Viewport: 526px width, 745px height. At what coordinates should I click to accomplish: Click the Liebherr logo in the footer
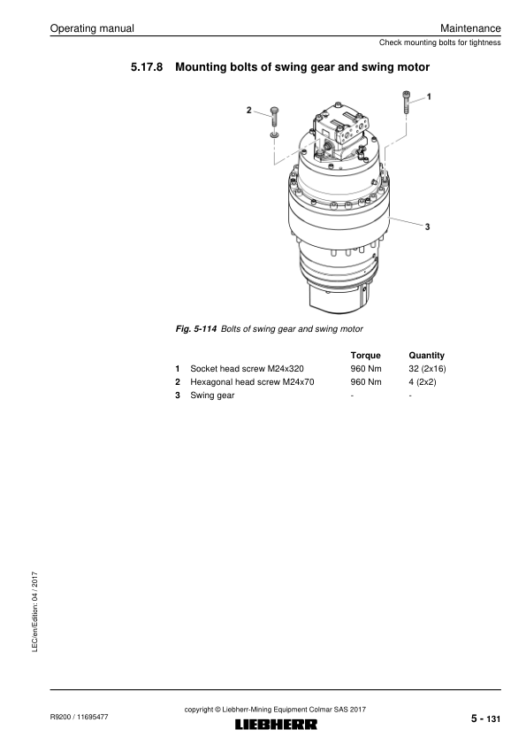pos(276,724)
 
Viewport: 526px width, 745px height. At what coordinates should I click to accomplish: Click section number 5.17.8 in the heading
pos(147,67)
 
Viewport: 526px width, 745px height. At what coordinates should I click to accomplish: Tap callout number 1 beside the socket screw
pos(429,97)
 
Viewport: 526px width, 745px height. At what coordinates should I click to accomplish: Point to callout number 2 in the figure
pos(248,111)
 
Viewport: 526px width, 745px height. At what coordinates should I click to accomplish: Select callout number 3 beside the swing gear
pos(427,227)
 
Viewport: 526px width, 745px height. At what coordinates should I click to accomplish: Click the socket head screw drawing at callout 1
pos(407,102)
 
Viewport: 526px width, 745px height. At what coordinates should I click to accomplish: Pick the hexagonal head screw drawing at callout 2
pos(274,117)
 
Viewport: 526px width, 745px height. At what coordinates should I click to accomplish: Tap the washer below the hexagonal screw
pos(274,135)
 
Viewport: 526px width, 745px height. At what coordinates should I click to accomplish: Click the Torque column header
pos(365,356)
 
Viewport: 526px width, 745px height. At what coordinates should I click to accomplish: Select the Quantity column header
pos(426,356)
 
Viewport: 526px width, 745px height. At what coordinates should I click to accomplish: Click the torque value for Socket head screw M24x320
pos(365,369)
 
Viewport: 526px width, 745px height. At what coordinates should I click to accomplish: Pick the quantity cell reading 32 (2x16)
pos(427,369)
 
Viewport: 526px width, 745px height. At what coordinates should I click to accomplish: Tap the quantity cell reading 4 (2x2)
pos(422,382)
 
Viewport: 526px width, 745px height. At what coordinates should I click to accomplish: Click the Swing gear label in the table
pos(212,396)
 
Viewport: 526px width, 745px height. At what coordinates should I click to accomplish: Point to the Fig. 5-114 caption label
pos(196,329)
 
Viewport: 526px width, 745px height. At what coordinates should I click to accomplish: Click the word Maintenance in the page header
pos(470,28)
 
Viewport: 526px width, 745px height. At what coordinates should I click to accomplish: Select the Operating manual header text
pos(92,28)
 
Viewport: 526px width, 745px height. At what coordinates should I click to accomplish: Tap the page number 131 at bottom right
pos(493,719)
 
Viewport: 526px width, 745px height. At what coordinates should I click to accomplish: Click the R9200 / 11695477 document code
pos(79,717)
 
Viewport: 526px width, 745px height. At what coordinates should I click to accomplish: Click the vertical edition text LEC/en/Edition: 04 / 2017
pos(34,612)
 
